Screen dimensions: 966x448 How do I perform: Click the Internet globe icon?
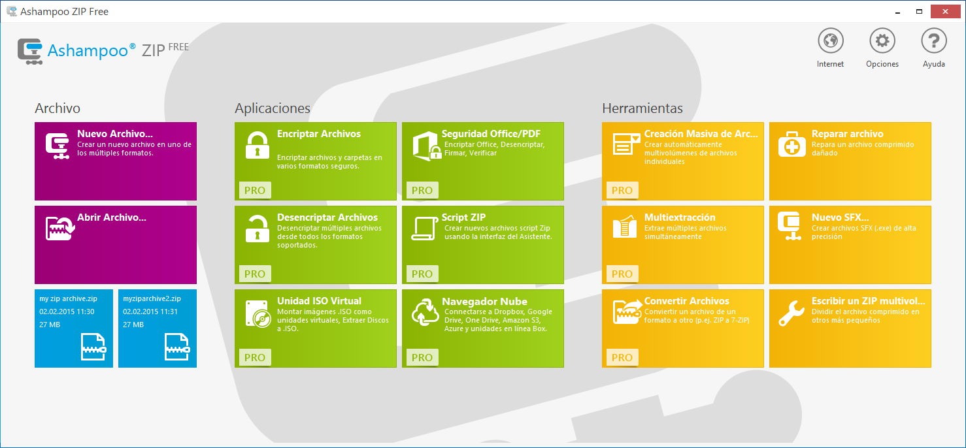click(830, 41)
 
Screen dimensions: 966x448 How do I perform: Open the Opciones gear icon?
click(882, 41)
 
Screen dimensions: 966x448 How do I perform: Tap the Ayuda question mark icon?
click(934, 41)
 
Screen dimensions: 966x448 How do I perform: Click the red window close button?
click(945, 12)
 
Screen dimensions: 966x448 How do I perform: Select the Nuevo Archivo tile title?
click(115, 133)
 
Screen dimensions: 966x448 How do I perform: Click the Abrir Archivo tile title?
click(112, 217)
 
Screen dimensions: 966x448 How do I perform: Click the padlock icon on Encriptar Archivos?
click(257, 146)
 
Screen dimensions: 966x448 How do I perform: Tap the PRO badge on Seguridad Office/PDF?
click(422, 190)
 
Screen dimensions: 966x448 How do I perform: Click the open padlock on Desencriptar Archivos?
click(257, 229)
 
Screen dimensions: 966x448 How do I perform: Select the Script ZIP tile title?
click(463, 217)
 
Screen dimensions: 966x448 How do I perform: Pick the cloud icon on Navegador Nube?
click(425, 312)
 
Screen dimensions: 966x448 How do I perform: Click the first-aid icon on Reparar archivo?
click(791, 145)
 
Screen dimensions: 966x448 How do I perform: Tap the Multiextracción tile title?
click(680, 217)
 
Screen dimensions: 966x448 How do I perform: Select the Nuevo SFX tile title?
click(840, 217)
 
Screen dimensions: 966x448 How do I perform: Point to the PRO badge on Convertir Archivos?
click(622, 357)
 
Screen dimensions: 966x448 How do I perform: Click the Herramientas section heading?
click(642, 108)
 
